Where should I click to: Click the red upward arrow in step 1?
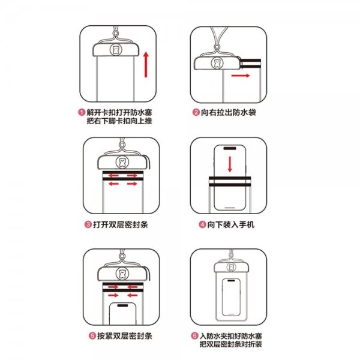[146, 65]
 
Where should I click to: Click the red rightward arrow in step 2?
[241, 76]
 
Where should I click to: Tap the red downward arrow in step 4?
[230, 164]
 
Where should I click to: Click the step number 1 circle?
[82, 113]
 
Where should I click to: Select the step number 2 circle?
[196, 113]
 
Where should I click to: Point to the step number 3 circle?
[88, 224]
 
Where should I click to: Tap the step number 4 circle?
[202, 224]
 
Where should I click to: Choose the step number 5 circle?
[92, 336]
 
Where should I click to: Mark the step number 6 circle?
[194, 336]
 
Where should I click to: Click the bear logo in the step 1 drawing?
[116, 50]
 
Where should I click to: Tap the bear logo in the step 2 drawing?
[217, 62]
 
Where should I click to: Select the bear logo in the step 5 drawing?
[122, 274]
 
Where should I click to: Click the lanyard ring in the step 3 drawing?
[122, 145]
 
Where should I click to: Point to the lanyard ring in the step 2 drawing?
[217, 47]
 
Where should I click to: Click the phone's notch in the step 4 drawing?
[230, 149]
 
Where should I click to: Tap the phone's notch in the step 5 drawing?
[122, 305]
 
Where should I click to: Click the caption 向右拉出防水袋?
[229, 113]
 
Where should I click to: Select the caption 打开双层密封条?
[121, 224]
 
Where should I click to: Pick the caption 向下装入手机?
[231, 224]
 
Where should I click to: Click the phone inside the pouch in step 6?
[231, 297]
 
